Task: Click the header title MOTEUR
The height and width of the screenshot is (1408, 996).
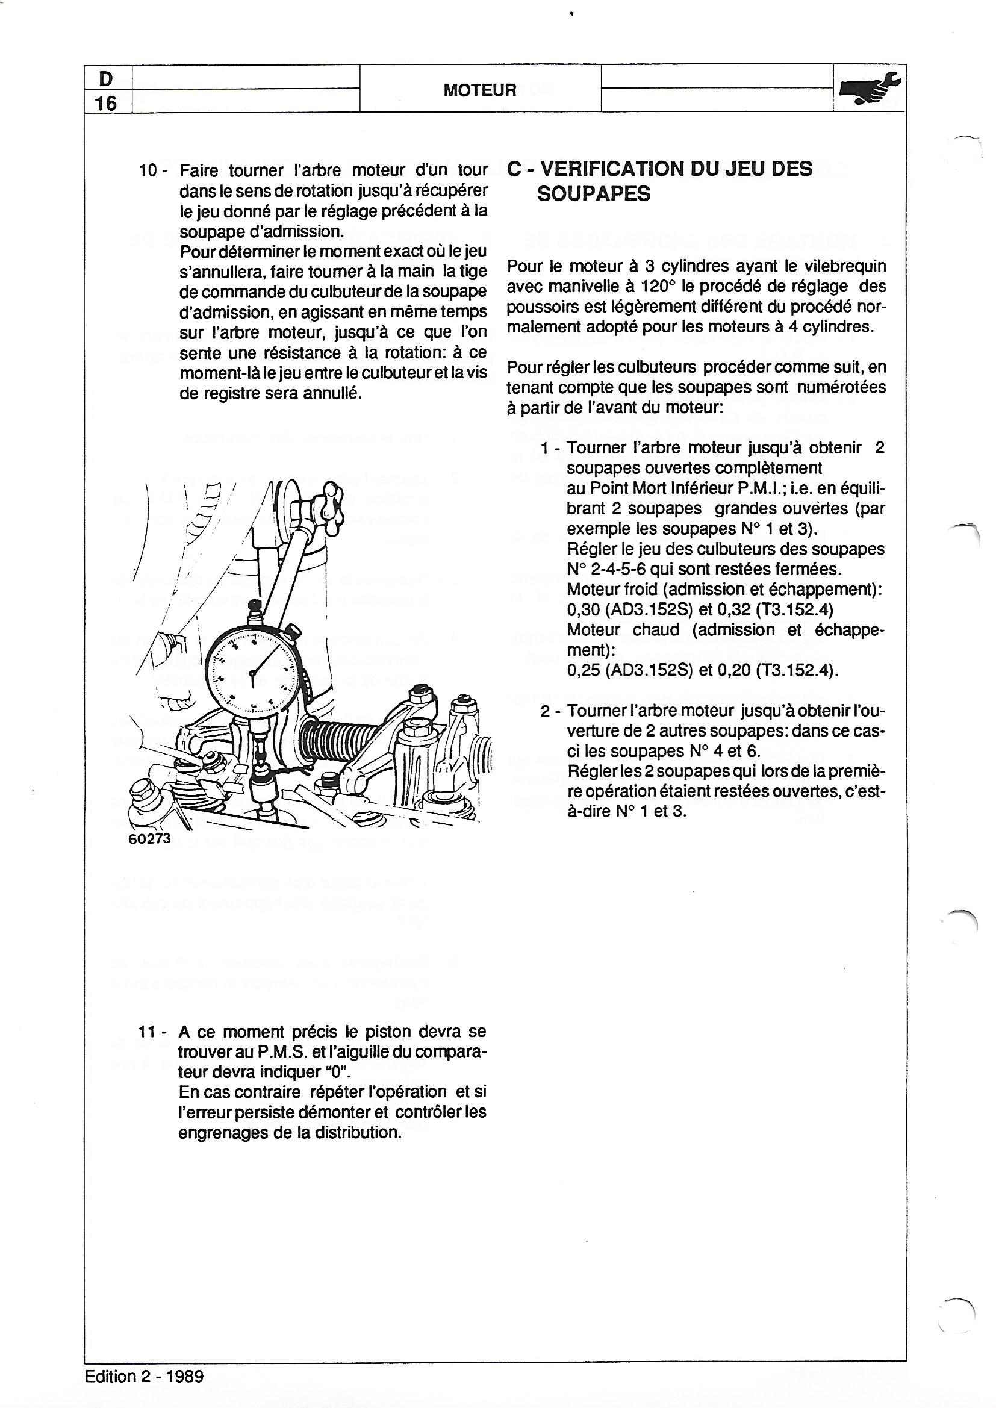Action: pos(479,90)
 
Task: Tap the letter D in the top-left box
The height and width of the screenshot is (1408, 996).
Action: pos(106,79)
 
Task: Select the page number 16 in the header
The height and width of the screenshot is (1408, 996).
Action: pos(106,103)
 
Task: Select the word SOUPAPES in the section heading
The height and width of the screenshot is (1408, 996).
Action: pos(593,194)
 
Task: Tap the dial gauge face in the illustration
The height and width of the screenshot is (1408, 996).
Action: pos(252,671)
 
